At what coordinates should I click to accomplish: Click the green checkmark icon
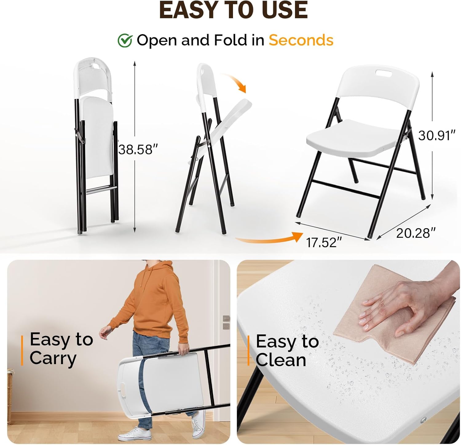click(125, 40)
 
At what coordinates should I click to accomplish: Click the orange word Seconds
click(301, 40)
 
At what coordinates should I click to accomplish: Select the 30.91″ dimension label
click(436, 135)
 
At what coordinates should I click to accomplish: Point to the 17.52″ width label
click(324, 242)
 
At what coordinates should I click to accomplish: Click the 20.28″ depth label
click(416, 233)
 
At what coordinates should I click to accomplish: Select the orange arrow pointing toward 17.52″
click(270, 238)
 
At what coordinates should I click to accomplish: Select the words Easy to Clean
click(286, 351)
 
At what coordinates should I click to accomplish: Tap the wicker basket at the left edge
click(10, 397)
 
